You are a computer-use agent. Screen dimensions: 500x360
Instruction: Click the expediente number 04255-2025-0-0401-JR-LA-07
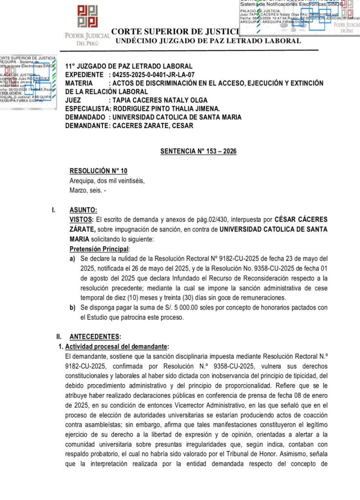tap(153, 75)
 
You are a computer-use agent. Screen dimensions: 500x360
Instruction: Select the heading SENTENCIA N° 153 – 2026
tap(198, 151)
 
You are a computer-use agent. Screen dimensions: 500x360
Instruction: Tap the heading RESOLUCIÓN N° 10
tap(98, 170)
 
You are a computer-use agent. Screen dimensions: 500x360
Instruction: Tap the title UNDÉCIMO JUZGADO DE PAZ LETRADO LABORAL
tap(208, 41)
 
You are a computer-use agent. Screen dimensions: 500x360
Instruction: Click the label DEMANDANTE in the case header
tap(87, 125)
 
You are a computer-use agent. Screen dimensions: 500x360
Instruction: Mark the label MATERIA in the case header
tap(79, 83)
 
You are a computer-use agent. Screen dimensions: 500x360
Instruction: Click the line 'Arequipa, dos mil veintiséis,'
tap(107, 180)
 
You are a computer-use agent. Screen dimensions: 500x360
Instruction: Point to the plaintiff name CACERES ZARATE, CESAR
tap(153, 125)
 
